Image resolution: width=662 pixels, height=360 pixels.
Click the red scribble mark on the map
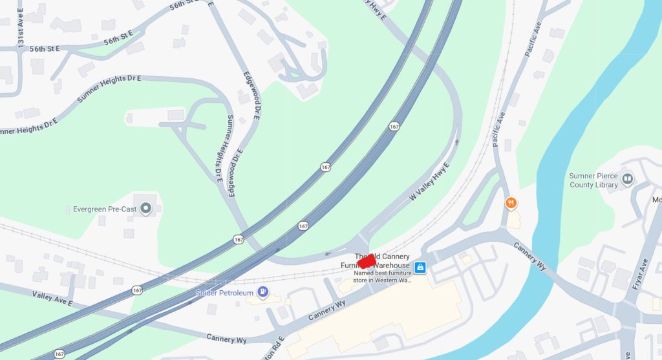[367, 260]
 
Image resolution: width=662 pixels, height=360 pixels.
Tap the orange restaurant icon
[511, 203]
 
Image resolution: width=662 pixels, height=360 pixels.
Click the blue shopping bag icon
[420, 266]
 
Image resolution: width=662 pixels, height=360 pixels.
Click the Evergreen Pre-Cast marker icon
[146, 209]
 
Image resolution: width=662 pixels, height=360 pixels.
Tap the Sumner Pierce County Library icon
[627, 176]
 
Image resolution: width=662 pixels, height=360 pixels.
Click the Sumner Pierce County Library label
[593, 180]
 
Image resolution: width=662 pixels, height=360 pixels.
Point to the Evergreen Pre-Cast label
[103, 209]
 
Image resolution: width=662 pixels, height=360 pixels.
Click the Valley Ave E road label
[52, 298]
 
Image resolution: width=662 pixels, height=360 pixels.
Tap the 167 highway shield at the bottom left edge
[59, 354]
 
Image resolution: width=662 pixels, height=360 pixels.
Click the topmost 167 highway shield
[394, 127]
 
